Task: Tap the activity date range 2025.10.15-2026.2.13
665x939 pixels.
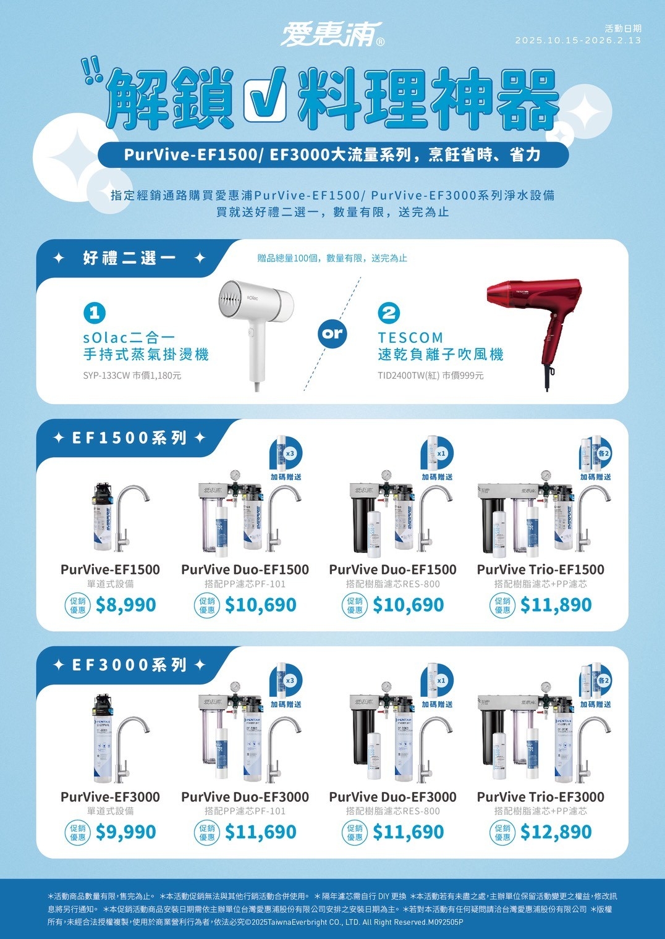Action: click(x=578, y=40)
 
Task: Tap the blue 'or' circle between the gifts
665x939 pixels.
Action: click(x=332, y=334)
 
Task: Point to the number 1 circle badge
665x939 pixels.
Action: click(x=95, y=313)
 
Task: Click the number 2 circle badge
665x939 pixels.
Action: click(x=389, y=313)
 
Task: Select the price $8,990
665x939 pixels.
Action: click(x=125, y=605)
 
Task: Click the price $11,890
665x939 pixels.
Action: click(x=556, y=605)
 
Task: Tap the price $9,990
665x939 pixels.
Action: click(x=125, y=832)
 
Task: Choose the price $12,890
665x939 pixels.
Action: click(x=556, y=832)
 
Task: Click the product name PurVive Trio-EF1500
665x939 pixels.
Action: click(x=540, y=570)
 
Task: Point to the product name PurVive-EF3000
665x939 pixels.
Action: click(x=110, y=797)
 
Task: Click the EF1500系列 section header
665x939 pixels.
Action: click(x=129, y=438)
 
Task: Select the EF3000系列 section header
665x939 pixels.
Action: click(x=129, y=665)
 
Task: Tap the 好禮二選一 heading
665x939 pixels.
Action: click(x=129, y=258)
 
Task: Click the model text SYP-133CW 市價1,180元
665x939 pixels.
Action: click(x=132, y=375)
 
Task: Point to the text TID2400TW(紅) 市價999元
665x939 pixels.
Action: click(x=430, y=375)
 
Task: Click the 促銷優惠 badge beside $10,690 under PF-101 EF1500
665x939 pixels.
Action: click(x=207, y=605)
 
